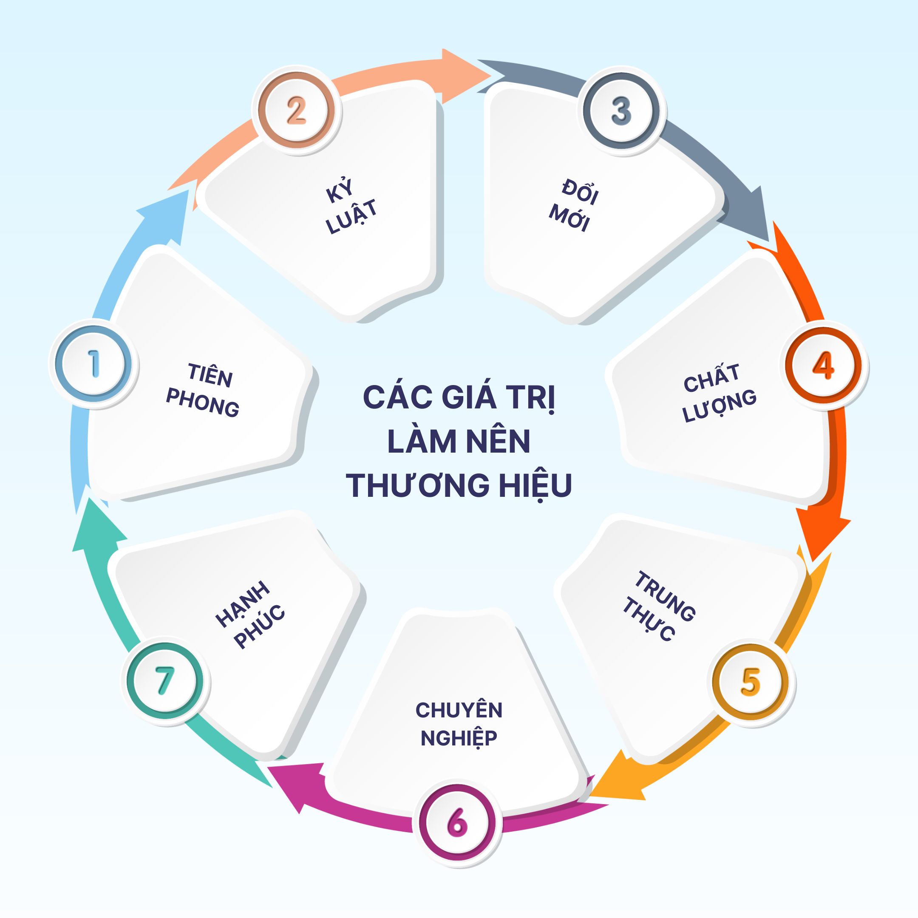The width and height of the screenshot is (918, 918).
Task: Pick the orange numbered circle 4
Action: (823, 365)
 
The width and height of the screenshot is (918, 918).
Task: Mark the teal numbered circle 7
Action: (164, 680)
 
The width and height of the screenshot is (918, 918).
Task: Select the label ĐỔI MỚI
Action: (573, 205)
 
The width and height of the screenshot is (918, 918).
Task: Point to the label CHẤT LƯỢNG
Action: (718, 393)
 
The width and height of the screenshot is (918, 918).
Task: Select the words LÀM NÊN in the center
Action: (459, 442)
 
